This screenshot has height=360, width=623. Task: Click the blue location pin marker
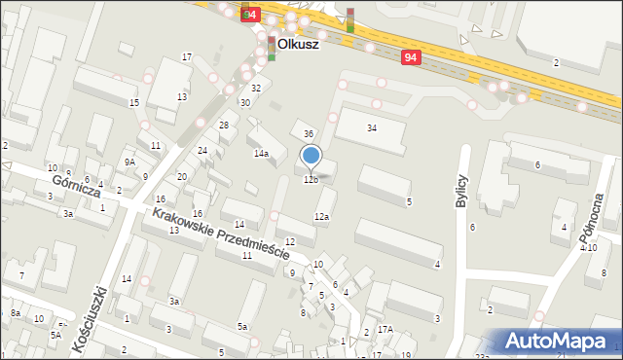311,156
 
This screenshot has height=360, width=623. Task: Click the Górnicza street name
77,181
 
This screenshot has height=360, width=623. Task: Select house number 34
371,127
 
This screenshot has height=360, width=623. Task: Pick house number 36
309,133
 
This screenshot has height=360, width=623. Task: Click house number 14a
261,154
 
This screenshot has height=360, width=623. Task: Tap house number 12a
321,217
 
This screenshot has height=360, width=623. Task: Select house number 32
255,89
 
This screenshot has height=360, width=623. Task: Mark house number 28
223,126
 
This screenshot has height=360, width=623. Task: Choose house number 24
202,151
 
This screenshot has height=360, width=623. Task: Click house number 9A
129,162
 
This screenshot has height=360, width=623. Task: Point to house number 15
134,103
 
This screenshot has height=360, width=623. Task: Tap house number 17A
385,330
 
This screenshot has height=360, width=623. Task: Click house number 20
182,177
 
